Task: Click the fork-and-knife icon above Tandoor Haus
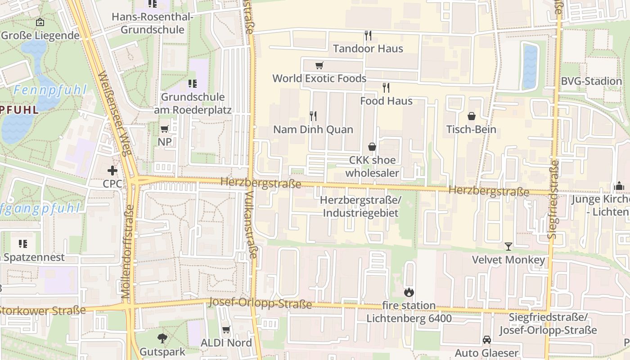368,35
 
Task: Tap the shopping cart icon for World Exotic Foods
319,66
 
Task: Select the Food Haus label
386,101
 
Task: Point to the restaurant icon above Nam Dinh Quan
313,116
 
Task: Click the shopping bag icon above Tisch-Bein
471,117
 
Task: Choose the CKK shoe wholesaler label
372,166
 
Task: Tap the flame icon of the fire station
409,292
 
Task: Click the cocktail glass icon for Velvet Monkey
508,246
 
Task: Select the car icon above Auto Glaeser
486,340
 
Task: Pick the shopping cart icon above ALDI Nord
226,330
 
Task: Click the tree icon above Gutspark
162,338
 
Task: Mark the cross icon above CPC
112,171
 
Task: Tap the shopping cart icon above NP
165,129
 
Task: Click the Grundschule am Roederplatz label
193,103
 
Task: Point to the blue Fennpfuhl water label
49,90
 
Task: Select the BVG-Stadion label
591,81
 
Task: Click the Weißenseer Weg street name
114,112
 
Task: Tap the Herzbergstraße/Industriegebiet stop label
360,206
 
